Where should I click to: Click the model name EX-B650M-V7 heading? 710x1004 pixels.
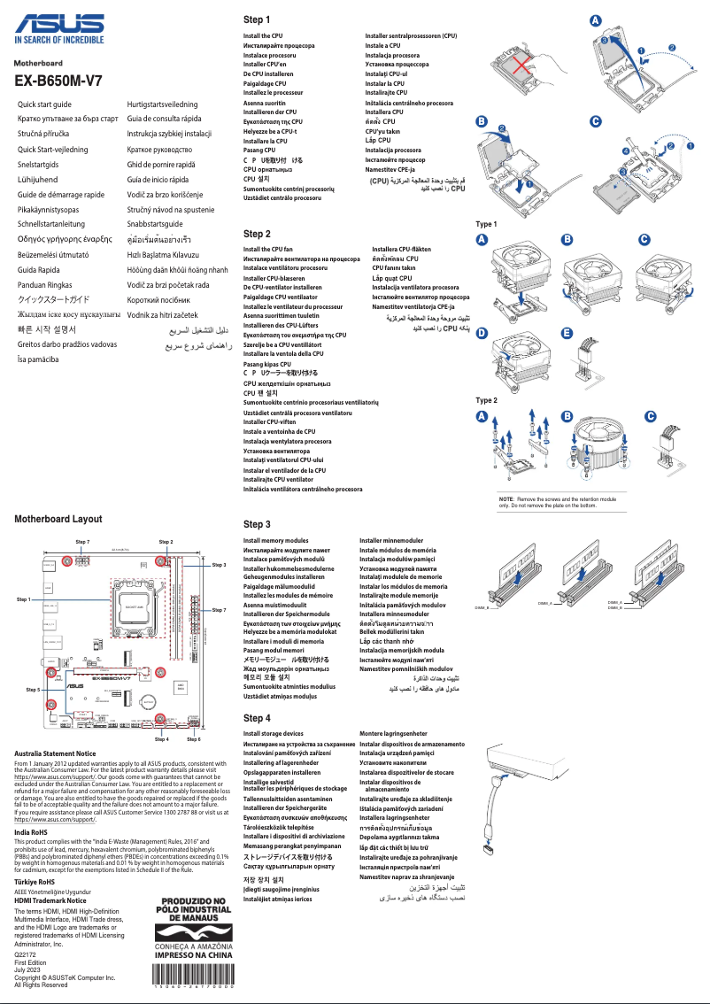pyautogui.click(x=58, y=81)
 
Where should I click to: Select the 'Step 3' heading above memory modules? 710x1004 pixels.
pyautogui.click(x=257, y=525)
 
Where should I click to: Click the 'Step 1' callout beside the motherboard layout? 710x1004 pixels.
pyautogui.click(x=24, y=599)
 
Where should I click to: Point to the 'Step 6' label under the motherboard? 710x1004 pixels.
pyautogui.click(x=193, y=738)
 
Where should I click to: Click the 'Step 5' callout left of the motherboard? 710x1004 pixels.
pyautogui.click(x=34, y=688)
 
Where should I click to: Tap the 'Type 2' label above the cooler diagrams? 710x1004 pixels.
pyautogui.click(x=486, y=400)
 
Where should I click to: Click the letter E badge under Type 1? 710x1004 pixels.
pyautogui.click(x=567, y=333)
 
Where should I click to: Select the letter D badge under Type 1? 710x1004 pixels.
pyautogui.click(x=482, y=333)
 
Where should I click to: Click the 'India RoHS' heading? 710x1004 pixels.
pyautogui.click(x=31, y=832)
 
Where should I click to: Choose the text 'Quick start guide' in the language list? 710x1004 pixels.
pyautogui.click(x=44, y=104)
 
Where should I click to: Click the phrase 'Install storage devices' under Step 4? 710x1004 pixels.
pyautogui.click(x=274, y=734)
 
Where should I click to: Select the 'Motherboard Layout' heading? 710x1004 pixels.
pyautogui.click(x=58, y=519)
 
